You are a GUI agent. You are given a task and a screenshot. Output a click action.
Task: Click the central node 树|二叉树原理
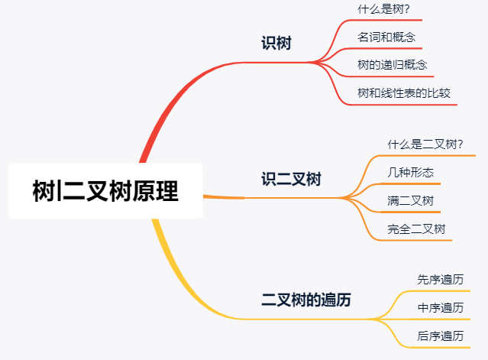[x=105, y=190]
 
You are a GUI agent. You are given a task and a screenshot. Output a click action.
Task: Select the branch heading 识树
[x=276, y=44]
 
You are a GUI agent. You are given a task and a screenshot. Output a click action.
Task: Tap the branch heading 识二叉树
[x=291, y=180]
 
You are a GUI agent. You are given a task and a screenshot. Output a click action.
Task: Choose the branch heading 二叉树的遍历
[x=306, y=300]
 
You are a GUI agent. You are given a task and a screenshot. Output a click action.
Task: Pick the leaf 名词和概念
[x=386, y=37]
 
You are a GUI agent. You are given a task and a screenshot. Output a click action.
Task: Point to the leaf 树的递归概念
[x=392, y=65]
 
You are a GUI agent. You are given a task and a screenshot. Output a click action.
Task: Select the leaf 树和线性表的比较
[x=404, y=93]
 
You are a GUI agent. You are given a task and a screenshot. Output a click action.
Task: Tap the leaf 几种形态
[x=411, y=172]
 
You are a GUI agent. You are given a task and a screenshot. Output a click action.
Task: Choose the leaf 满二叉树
[x=411, y=200]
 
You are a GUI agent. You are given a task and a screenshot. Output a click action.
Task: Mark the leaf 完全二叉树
[x=417, y=229]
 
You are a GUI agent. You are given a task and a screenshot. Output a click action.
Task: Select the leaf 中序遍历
[x=441, y=307]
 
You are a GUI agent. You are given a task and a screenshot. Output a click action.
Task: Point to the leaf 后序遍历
[x=441, y=336]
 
